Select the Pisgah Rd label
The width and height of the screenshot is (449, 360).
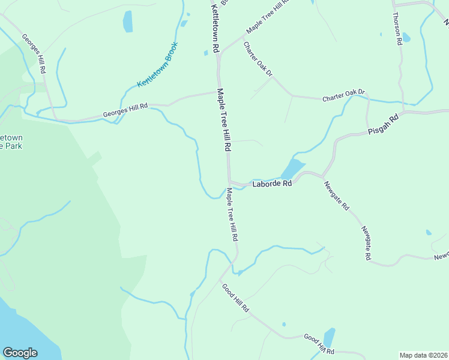click(x=384, y=125)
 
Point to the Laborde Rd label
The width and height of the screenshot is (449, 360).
click(x=271, y=183)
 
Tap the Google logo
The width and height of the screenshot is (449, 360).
click(x=20, y=353)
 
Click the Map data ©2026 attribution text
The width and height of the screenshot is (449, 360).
click(x=423, y=355)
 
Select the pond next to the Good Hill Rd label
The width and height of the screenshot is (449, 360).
click(x=329, y=338)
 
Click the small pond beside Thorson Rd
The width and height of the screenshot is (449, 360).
click(x=406, y=38)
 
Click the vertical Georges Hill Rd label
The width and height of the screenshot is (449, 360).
click(x=34, y=53)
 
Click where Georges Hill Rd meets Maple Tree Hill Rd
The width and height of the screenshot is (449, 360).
click(x=217, y=92)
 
